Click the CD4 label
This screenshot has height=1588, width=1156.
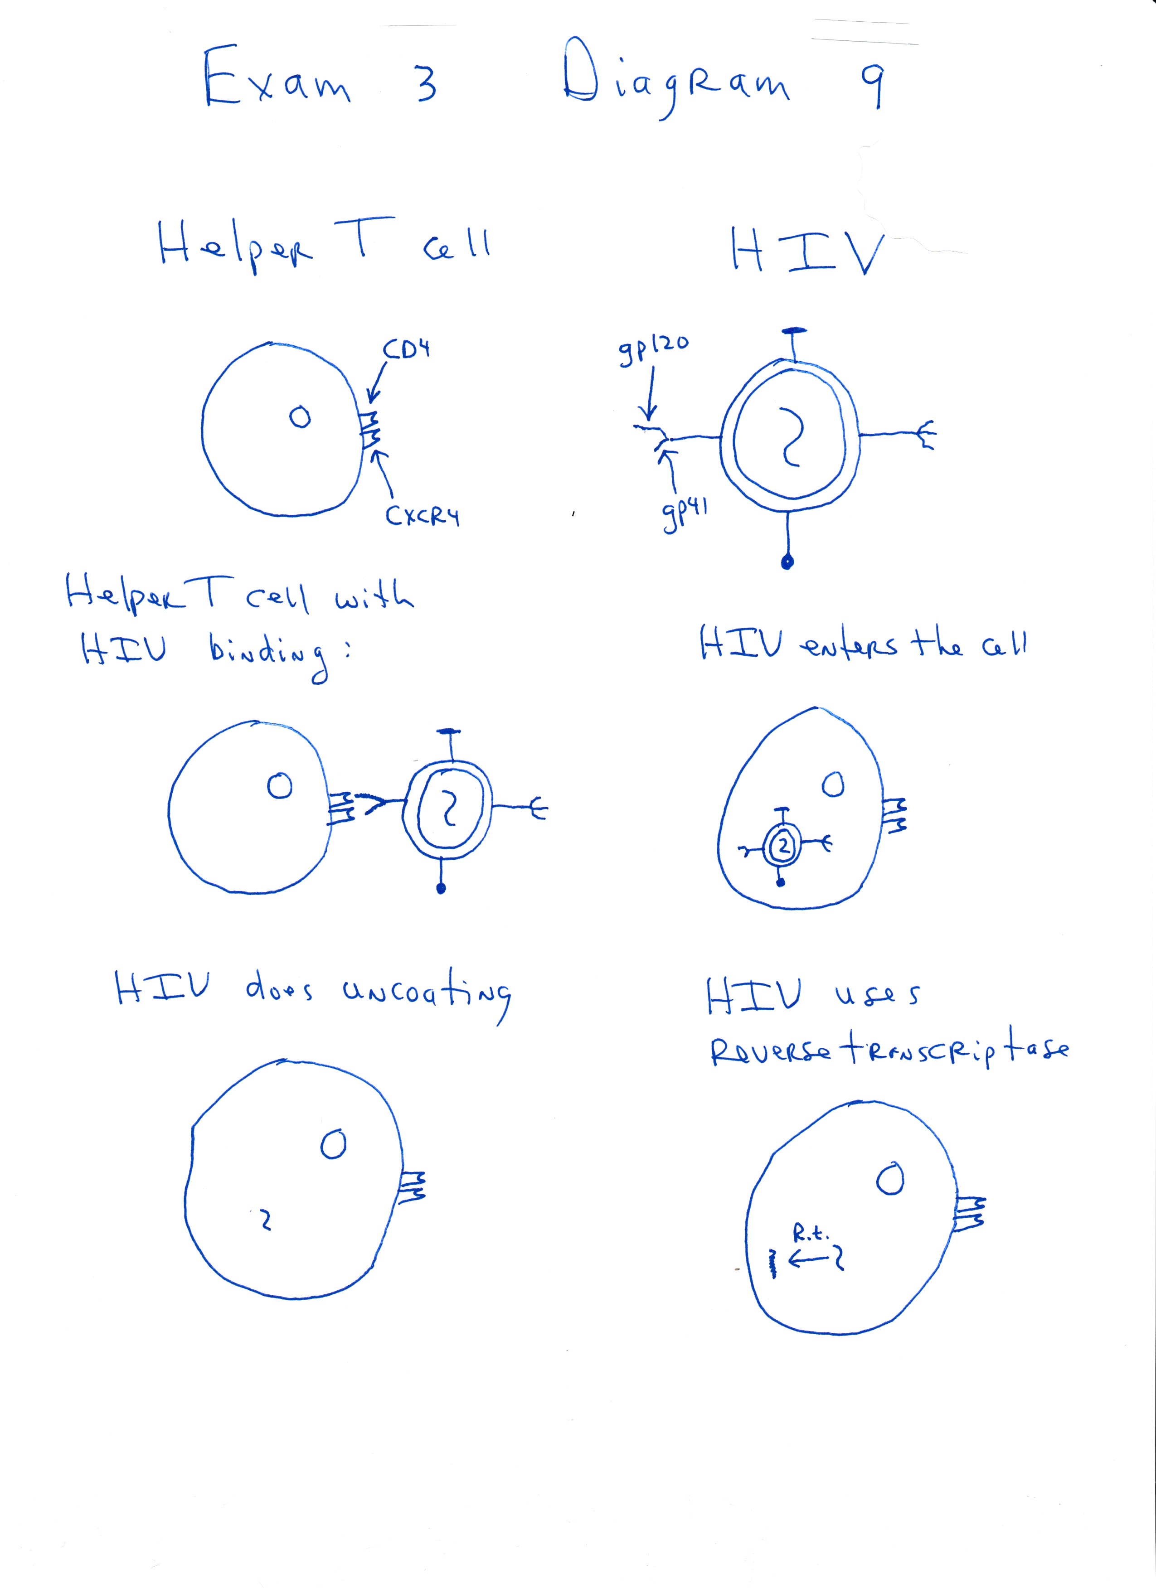407,349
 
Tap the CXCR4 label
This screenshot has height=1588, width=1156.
422,517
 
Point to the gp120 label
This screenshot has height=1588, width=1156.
652,349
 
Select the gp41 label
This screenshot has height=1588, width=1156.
684,513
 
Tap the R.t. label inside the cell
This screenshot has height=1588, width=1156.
811,1232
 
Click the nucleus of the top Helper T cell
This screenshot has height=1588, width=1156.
301,417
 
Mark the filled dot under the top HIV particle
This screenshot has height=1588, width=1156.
788,561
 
